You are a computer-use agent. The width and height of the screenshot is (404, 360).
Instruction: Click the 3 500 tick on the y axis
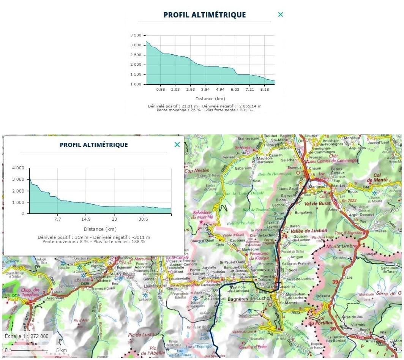click(x=136, y=35)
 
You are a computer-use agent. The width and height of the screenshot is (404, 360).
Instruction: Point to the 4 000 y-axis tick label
click(x=18, y=168)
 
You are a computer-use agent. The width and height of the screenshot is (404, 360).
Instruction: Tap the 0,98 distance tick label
click(x=160, y=90)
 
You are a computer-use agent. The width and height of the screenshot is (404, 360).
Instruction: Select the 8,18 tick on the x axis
click(x=265, y=90)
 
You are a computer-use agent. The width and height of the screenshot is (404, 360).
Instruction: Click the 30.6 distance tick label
click(x=143, y=219)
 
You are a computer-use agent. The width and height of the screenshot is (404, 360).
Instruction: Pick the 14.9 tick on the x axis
click(x=86, y=219)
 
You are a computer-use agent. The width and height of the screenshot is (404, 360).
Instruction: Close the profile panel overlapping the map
click(x=177, y=145)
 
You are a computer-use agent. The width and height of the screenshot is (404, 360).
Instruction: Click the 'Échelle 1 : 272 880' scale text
click(x=27, y=336)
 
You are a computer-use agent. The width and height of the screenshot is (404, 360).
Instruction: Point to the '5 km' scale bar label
click(x=62, y=350)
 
